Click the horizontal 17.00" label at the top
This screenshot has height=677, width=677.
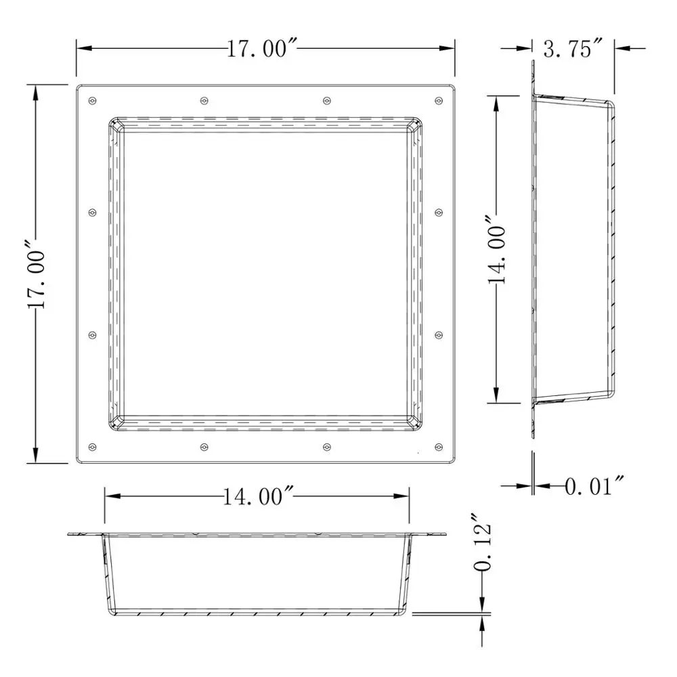[x=263, y=49]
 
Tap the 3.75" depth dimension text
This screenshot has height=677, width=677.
[x=572, y=49]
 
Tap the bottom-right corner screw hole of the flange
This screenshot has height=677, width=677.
[x=438, y=447]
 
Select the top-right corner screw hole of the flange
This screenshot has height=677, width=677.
[x=438, y=101]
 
